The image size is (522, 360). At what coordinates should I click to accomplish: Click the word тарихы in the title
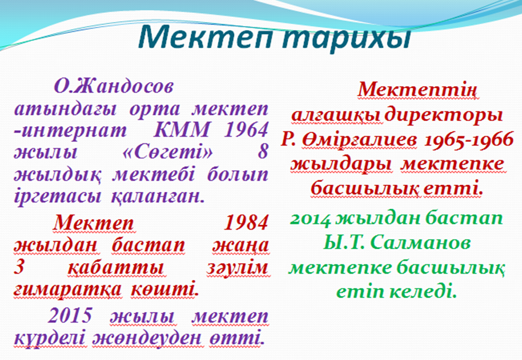346,38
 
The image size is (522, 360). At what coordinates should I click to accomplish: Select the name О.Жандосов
114,87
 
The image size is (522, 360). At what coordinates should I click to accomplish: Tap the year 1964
246,130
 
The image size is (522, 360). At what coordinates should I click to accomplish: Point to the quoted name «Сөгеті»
167,152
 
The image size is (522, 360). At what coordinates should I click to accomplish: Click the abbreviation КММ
182,130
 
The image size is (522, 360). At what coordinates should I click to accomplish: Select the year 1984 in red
246,223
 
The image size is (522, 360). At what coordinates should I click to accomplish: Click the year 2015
70,315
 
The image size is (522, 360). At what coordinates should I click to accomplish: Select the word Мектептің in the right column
418,90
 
